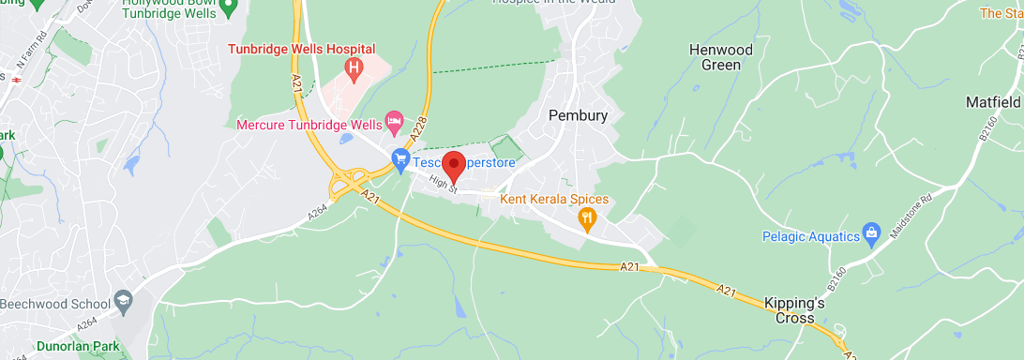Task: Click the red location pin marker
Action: click(x=454, y=165)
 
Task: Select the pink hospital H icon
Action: click(x=354, y=67)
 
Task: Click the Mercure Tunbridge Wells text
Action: click(x=309, y=124)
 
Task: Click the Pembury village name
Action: click(x=578, y=115)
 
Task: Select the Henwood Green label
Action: click(x=715, y=57)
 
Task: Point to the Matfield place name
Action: click(x=994, y=101)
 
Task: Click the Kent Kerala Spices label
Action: click(x=554, y=199)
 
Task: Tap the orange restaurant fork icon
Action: click(x=588, y=219)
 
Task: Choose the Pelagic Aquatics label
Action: click(x=809, y=236)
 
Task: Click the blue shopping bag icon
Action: click(x=871, y=232)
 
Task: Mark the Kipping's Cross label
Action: click(x=793, y=310)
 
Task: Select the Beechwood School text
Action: click(x=53, y=305)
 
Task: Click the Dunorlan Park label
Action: click(x=79, y=347)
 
